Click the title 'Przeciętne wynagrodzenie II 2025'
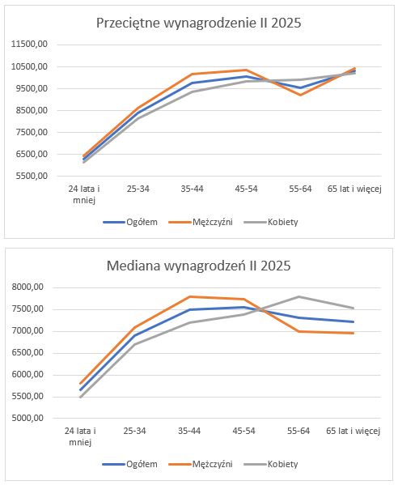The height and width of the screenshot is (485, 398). click(x=199, y=23)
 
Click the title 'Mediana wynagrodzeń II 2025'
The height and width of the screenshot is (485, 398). click(x=199, y=266)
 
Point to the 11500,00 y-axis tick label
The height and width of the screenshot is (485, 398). click(x=30, y=45)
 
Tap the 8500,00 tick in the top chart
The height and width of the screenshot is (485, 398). click(x=30, y=110)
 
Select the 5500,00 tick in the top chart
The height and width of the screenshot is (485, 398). click(x=30, y=176)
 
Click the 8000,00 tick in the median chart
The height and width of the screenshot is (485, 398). click(x=28, y=287)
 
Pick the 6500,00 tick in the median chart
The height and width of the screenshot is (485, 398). click(x=28, y=353)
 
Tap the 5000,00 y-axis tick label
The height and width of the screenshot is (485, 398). click(x=28, y=418)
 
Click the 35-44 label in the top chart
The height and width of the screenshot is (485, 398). click(x=193, y=189)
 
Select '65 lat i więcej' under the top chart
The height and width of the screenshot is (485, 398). click(x=354, y=189)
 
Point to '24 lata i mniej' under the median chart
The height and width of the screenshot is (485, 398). click(x=80, y=436)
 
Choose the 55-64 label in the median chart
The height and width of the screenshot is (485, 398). click(x=298, y=431)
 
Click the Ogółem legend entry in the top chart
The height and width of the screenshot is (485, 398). click(x=130, y=222)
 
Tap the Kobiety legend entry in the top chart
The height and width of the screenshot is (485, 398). click(x=271, y=222)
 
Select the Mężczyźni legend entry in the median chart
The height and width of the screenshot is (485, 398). click(x=201, y=464)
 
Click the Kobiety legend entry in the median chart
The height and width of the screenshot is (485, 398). click(x=271, y=464)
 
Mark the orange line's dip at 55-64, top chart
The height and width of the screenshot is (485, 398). click(x=300, y=95)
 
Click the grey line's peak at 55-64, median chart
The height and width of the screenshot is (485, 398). click(x=298, y=296)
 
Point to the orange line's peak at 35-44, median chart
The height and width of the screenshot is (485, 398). click(x=189, y=296)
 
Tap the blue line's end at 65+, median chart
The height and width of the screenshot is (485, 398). click(x=354, y=321)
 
